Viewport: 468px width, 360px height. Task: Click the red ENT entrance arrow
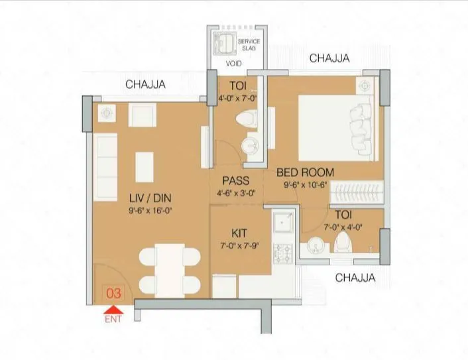(x=114, y=309)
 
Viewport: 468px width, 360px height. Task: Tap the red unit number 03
(x=113, y=292)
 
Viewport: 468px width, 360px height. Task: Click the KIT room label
(x=239, y=233)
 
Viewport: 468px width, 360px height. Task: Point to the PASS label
(x=236, y=180)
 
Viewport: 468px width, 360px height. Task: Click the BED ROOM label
(x=304, y=172)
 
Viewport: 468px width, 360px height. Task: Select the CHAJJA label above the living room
(x=145, y=84)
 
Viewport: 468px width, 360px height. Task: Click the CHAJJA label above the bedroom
(x=329, y=59)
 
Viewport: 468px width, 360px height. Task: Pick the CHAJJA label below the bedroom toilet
(x=355, y=278)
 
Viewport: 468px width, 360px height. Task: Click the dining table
(x=169, y=269)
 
